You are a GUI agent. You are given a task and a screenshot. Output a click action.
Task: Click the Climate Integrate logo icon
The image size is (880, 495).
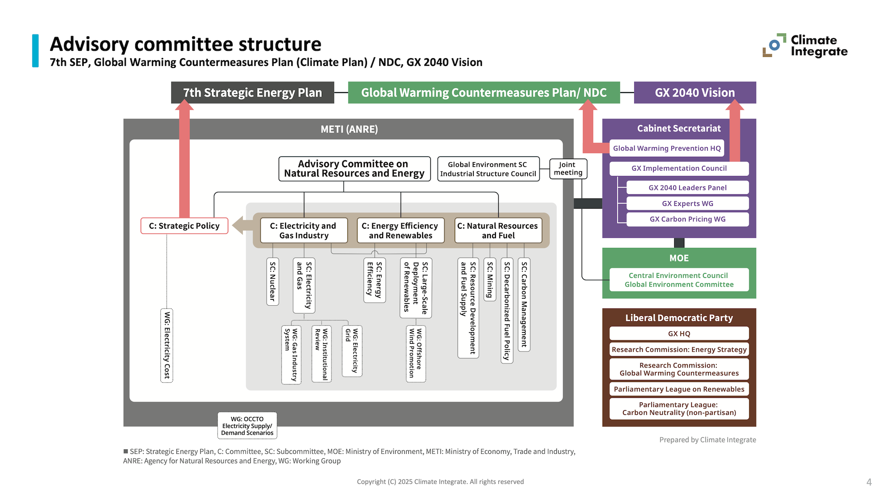(774, 45)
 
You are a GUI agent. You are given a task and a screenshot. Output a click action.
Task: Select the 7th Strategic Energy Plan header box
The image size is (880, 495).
(253, 93)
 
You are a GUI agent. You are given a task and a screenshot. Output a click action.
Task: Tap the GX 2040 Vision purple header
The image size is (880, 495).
(695, 93)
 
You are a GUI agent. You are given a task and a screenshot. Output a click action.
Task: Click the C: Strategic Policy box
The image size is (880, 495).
(184, 226)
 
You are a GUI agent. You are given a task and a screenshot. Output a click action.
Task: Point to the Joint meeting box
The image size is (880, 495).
(568, 169)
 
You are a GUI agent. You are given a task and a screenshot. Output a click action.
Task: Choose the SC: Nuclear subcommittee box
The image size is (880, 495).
(273, 281)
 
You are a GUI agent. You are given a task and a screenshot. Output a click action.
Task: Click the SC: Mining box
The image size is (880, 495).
(490, 279)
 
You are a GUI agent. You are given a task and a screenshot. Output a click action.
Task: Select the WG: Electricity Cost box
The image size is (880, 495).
(167, 346)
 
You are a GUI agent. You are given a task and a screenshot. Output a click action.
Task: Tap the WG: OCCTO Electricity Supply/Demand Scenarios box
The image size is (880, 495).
(247, 426)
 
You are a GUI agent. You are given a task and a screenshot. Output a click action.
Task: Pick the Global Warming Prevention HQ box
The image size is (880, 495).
(667, 148)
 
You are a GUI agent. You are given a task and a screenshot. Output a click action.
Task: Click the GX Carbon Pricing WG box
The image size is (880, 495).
(687, 219)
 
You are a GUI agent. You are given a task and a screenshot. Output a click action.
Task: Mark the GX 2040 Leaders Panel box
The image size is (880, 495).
(687, 187)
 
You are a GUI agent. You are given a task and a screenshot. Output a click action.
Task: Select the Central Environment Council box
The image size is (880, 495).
(679, 280)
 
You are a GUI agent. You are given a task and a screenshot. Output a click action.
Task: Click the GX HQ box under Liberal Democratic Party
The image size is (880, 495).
(679, 334)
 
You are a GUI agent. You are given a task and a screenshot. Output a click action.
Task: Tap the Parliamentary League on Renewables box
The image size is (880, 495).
(679, 389)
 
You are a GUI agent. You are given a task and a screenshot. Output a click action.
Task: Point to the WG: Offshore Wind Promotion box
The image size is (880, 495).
(416, 353)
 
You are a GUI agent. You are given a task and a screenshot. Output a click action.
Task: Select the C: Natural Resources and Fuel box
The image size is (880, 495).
(498, 231)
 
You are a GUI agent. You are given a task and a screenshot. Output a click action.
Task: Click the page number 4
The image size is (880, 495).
(869, 482)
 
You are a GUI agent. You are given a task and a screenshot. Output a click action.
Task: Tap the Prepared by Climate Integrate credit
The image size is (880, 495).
(708, 440)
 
